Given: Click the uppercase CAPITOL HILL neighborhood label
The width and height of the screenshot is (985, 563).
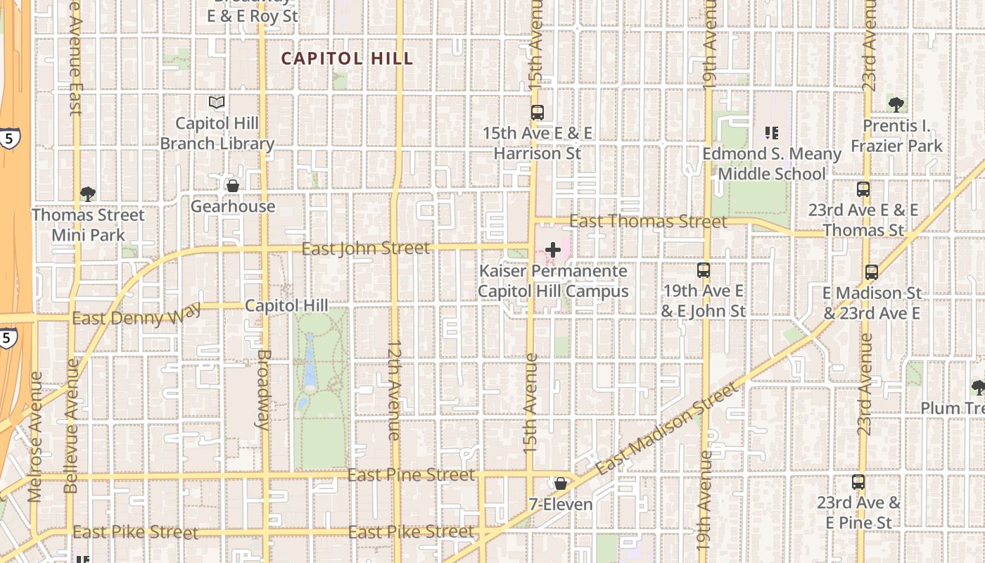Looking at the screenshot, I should pos(348,58).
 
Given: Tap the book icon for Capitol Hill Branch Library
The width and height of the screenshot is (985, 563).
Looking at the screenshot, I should pos(217,103).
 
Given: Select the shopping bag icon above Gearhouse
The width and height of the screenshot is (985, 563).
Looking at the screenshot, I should pos(232,186).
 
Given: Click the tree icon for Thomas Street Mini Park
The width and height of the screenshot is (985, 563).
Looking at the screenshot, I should pos(88,194).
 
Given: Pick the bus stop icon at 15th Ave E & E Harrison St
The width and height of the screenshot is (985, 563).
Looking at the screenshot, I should pos(538,112).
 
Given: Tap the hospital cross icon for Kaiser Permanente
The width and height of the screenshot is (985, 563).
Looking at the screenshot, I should pos(553,250).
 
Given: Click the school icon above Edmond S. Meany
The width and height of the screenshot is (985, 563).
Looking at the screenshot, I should pos(771,132).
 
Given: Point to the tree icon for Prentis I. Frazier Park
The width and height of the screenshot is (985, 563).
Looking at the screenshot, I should pos(896,105).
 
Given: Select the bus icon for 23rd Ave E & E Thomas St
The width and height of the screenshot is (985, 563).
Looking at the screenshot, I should pos(863,189).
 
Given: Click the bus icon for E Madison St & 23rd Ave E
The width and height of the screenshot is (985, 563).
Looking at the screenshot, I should pos(872,272).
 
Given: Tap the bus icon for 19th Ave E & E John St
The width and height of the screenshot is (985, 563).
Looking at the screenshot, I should pos(703,270).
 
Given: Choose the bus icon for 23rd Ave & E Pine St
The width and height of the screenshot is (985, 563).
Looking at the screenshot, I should pos(858,482).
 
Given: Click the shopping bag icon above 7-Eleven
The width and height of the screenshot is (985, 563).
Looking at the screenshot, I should pos(561,483).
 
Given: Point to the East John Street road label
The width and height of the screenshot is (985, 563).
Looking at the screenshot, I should pos(365,248).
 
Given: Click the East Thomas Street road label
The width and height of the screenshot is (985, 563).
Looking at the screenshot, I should pos(648,221).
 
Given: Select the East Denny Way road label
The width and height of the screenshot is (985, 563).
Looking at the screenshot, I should pos(136,315).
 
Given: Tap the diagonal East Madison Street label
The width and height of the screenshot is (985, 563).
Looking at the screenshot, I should pos(668,428).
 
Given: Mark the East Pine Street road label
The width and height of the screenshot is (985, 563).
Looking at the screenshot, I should pos(411,475).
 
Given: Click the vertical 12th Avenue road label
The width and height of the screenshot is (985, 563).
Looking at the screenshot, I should pos(394,391).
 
